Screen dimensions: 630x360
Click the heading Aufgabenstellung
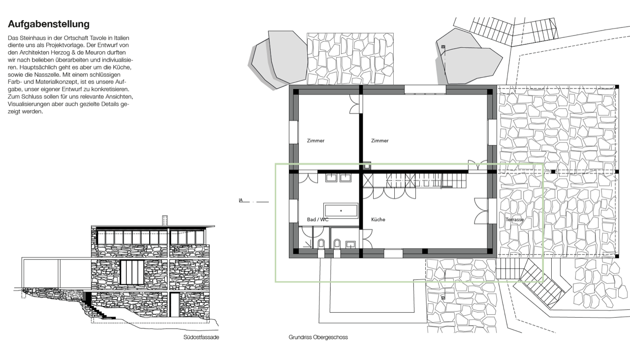click(49, 24)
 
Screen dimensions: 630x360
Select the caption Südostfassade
click(201, 337)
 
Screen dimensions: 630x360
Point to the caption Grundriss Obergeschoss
click(318, 337)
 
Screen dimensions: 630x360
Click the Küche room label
click(378, 220)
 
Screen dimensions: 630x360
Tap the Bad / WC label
click(317, 220)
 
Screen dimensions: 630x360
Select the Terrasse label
click(514, 220)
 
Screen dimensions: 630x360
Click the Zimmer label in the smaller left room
click(315, 141)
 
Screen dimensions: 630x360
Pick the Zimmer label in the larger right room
click(379, 141)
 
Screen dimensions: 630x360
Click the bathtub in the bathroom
click(341, 211)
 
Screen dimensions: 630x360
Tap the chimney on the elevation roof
click(165, 221)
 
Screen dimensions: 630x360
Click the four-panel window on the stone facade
click(132, 272)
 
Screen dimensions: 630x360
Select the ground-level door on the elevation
click(175, 305)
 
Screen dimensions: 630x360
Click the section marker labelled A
click(241, 200)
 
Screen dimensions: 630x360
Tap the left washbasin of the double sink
click(331, 178)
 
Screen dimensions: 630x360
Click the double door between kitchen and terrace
click(481, 211)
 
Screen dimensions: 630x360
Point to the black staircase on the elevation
click(95, 306)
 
